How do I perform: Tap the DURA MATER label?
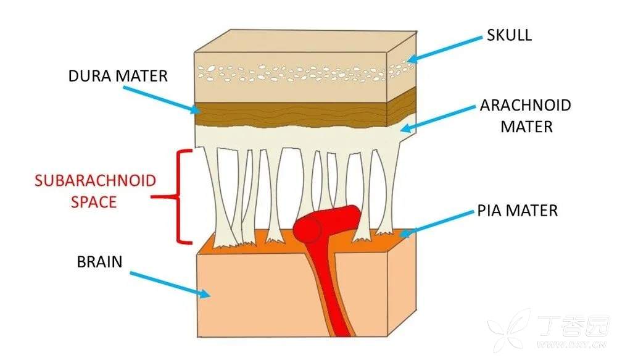pyautogui.click(x=118, y=77)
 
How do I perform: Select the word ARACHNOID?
pyautogui.click(x=525, y=105)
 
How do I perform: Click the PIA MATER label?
pyautogui.click(x=518, y=211)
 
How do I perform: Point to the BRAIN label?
pyautogui.click(x=99, y=262)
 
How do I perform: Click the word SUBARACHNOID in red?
pyautogui.click(x=95, y=182)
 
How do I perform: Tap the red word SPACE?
pyautogui.click(x=95, y=202)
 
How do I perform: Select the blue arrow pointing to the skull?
pyautogui.click(x=444, y=48)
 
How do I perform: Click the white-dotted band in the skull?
pyautogui.click(x=290, y=72)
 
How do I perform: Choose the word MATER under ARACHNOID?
pyautogui.click(x=526, y=127)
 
